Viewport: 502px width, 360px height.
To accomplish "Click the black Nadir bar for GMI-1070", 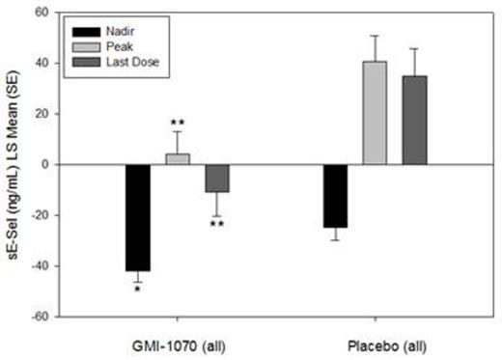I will [x=138, y=217].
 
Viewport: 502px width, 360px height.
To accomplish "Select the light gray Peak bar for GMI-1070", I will [x=178, y=159].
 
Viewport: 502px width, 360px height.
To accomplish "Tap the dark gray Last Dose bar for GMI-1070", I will [x=216, y=178].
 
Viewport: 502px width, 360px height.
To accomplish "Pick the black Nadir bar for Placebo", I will [x=335, y=196].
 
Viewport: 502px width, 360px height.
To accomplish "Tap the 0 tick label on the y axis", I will [x=44, y=164].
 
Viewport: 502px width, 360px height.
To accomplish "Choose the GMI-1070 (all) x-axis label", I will [x=178, y=342].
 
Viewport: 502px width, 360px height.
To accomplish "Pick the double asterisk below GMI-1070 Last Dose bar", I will [x=217, y=226].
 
